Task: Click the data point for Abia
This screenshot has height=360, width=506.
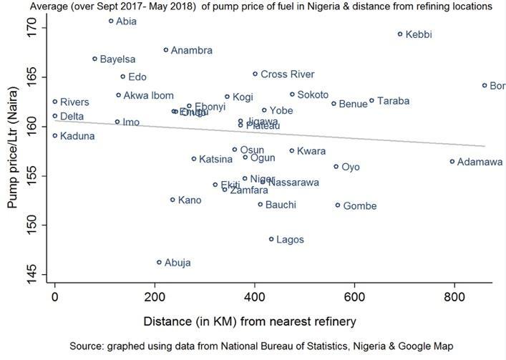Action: pos(111,21)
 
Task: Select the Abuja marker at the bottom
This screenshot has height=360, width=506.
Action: pos(160,263)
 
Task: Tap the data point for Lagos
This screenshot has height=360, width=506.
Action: pos(271,239)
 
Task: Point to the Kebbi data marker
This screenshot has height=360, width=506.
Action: pos(400,34)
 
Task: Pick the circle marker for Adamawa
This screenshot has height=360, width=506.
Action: pos(452,162)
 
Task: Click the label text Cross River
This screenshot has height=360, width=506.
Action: pos(287,74)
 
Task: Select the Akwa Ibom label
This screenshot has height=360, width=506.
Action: pos(148,95)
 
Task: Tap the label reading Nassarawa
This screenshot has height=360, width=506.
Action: pos(293,183)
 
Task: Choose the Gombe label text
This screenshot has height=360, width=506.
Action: pos(360,206)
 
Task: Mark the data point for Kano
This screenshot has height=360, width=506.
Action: pos(172,200)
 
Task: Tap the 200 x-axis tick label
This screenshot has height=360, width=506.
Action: pos(155,296)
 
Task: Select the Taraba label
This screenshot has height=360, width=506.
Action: pos(393,101)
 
